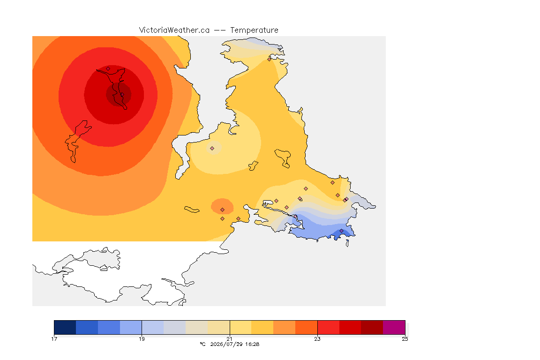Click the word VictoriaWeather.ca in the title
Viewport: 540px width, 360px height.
click(x=174, y=30)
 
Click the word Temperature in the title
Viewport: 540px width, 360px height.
click(x=254, y=30)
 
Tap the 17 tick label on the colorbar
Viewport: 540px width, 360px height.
click(x=54, y=339)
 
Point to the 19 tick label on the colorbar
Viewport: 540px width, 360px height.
click(x=142, y=339)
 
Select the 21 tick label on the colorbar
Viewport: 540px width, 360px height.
click(x=229, y=339)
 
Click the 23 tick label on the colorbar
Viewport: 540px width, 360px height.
click(x=317, y=339)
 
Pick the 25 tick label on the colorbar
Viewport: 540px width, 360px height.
click(x=405, y=339)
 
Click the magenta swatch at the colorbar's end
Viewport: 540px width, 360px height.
click(x=394, y=327)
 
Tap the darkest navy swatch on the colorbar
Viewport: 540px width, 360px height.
click(x=65, y=327)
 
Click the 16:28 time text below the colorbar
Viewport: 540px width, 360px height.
click(x=251, y=344)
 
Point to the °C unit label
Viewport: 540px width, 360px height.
click(x=202, y=344)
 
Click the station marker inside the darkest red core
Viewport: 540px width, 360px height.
click(x=122, y=94)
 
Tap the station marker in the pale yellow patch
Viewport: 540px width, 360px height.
click(x=212, y=149)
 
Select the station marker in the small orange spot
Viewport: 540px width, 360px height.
click(x=223, y=210)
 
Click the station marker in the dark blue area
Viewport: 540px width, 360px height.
click(x=341, y=231)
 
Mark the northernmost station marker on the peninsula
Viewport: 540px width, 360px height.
click(x=270, y=59)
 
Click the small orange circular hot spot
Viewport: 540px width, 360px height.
click(x=222, y=206)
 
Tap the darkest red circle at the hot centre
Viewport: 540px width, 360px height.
click(x=119, y=94)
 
